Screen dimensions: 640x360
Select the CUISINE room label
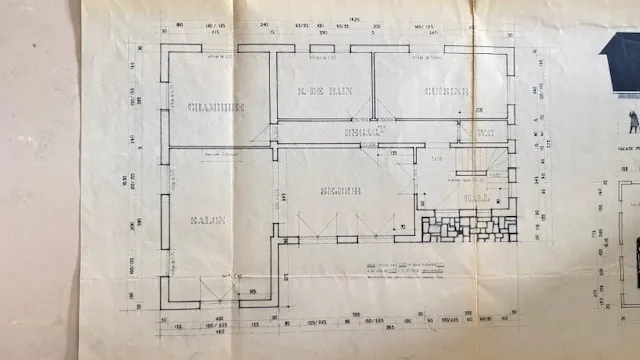coord(445,91)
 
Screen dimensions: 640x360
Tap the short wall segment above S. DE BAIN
coord(322,48)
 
